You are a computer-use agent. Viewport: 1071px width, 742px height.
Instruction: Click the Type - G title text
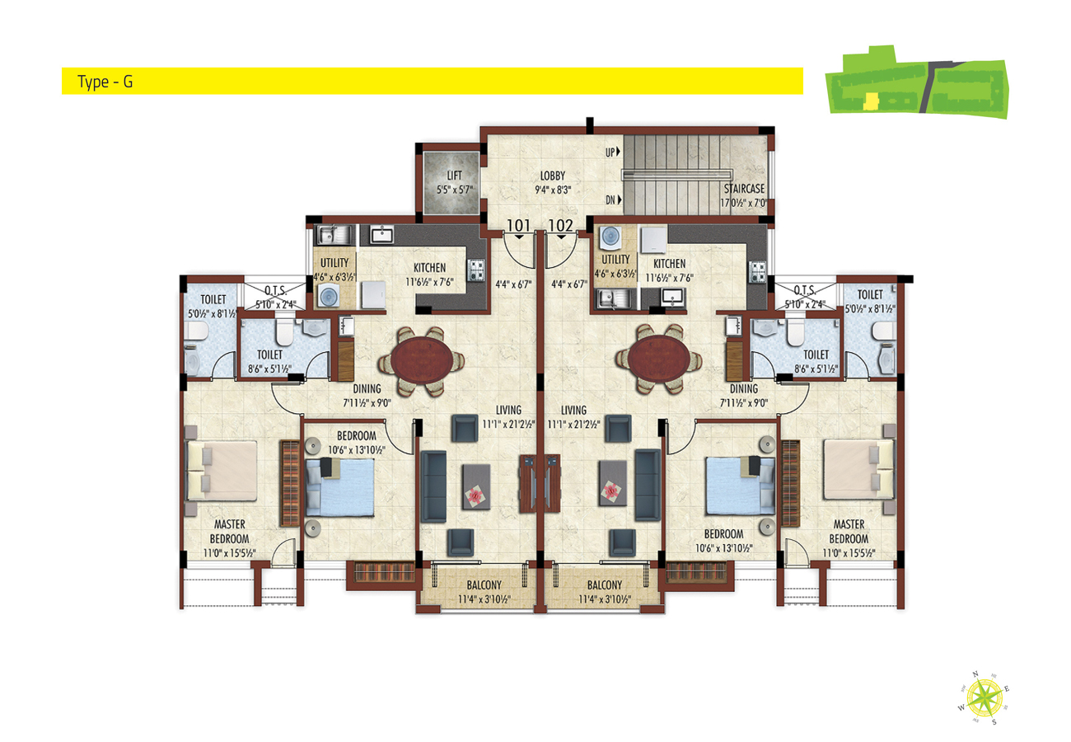point(105,82)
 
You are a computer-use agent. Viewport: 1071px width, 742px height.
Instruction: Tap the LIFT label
point(454,176)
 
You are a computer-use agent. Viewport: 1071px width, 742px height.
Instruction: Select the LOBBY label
point(553,176)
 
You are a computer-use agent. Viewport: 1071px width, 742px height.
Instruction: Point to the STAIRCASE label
point(744,189)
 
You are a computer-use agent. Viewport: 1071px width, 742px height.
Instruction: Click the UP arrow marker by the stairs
point(618,152)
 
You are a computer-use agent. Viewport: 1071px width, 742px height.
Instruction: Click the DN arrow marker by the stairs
point(620,200)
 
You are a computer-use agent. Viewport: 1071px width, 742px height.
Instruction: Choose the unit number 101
point(518,225)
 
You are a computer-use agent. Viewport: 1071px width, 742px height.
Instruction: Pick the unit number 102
point(560,225)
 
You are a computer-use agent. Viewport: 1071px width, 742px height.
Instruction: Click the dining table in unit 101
point(422,361)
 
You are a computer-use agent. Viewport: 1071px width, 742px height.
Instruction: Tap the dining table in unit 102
point(659,359)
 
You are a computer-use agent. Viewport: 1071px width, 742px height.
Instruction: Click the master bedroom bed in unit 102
point(858,470)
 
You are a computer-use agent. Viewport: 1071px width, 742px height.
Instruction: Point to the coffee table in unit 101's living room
point(475,486)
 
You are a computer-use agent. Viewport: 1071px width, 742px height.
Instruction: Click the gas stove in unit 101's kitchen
point(476,270)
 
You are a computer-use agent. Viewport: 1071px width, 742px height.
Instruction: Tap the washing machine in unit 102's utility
point(610,237)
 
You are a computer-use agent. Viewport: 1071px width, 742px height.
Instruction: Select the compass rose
point(984,699)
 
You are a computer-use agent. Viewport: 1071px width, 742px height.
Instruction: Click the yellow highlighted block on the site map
point(871,101)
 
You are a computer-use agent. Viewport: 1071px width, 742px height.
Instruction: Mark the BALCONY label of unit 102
point(605,585)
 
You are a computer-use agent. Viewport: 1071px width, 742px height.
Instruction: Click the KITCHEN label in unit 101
point(429,268)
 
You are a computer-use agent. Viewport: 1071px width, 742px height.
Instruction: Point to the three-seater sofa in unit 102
point(648,486)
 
